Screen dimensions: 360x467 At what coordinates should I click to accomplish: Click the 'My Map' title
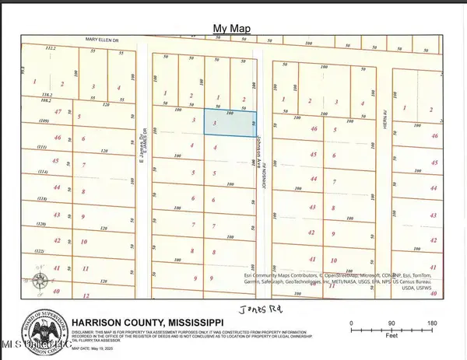pyautogui.click(x=233, y=29)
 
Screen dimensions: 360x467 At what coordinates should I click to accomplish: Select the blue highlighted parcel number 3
pyautogui.click(x=215, y=124)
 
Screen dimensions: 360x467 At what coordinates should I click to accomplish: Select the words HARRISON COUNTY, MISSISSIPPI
pyautogui.click(x=147, y=322)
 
